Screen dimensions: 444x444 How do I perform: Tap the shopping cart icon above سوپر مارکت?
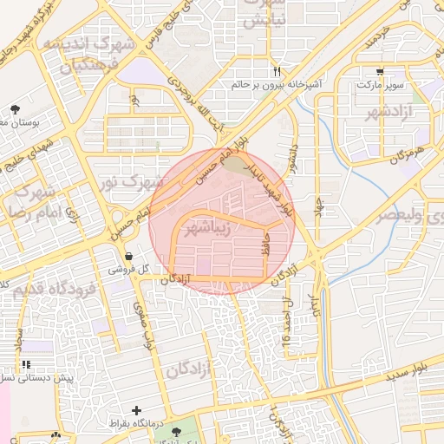pos(381,72)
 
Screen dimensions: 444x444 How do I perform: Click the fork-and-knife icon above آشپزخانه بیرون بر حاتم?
pos(277,71)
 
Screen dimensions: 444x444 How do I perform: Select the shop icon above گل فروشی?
pos(128,256)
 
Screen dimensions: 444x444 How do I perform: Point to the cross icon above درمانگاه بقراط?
pos(135,409)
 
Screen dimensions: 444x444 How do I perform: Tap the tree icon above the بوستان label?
pos(15,109)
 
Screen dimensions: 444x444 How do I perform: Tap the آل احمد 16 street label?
pos(287,321)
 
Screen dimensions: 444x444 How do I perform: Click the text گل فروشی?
pos(128,271)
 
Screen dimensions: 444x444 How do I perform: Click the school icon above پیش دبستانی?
pos(25,364)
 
